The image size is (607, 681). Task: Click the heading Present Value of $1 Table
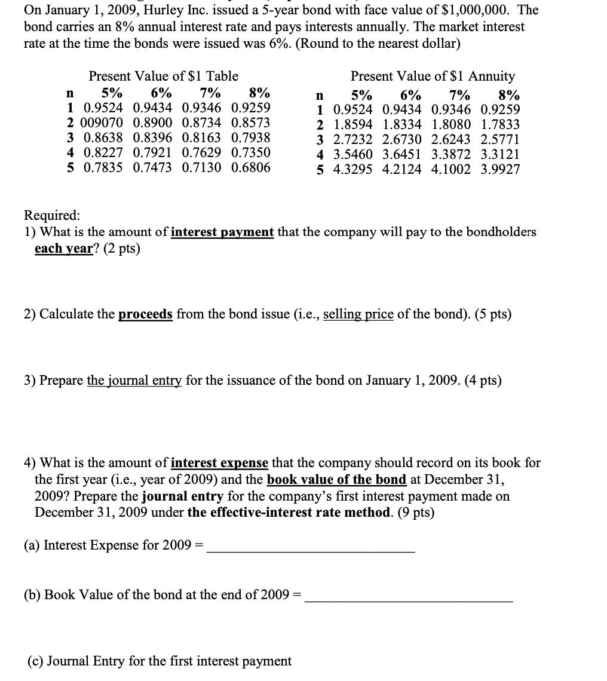pos(163,76)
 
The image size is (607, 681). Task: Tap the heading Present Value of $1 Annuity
pos(433,76)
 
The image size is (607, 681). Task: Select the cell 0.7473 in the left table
pos(152,167)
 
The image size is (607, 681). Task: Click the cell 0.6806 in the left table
pos(250,167)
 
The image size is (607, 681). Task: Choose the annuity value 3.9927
pos(500,169)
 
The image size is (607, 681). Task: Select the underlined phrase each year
pos(62,249)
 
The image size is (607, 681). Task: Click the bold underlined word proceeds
pos(145,314)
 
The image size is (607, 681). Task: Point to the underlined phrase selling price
pos(358,314)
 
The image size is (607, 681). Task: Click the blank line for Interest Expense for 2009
pos(310,550)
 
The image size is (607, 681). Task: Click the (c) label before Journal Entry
pos(35,661)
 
